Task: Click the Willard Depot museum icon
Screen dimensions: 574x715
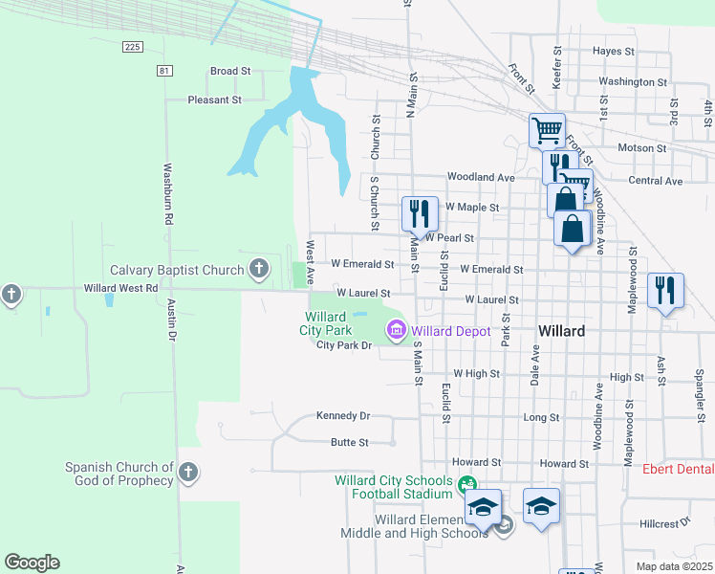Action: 395,331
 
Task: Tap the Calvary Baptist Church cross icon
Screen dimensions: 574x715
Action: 258,270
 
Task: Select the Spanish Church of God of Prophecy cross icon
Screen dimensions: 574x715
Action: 188,472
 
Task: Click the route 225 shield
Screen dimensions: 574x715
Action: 133,46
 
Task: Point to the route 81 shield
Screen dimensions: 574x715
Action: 165,70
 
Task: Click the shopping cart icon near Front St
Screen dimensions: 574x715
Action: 547,129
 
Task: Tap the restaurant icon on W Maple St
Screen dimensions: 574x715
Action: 419,213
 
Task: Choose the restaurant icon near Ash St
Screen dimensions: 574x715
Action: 665,290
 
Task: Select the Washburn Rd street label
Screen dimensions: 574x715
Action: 167,193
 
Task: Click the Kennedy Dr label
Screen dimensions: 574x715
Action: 342,416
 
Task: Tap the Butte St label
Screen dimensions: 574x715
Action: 349,443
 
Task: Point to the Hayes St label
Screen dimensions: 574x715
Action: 613,51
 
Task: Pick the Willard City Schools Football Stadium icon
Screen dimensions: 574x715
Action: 466,486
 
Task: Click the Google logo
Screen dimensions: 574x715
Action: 32,562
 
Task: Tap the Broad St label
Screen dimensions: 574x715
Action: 229,71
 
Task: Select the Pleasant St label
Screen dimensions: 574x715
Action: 214,99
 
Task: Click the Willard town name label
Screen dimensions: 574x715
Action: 561,330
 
